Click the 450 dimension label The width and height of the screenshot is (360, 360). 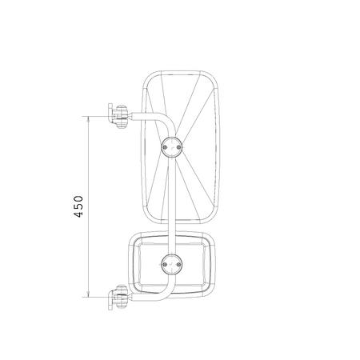pos(78,206)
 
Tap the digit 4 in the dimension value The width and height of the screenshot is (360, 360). pos(78,214)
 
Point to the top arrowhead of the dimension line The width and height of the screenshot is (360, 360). pos(89,120)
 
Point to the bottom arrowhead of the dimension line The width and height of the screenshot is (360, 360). pos(89,293)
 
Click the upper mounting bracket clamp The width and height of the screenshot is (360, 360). pos(118,117)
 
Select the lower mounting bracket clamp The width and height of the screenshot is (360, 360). pos(118,297)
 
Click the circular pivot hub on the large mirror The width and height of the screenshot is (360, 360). pos(172,147)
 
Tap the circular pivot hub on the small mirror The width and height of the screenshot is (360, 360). pos(172,264)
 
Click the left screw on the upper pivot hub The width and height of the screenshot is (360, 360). pos(166,147)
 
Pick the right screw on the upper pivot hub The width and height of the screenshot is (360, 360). pos(178,147)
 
